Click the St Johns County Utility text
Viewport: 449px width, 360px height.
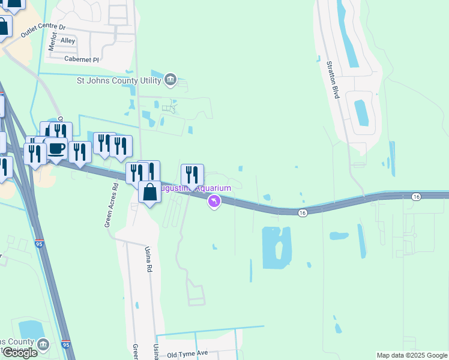118,80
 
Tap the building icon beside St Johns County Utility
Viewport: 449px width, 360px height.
170,79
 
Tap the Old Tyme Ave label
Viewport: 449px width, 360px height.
187,354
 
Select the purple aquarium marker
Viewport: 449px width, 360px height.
214,202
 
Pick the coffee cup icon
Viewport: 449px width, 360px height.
56,148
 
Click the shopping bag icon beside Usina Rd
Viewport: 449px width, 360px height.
150,193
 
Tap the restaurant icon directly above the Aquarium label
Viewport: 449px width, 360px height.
192,175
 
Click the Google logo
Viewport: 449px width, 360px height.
20,353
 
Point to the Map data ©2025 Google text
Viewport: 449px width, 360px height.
412,355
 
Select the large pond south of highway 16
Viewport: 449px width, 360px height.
276,248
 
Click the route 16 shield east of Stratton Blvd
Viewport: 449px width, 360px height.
417,197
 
